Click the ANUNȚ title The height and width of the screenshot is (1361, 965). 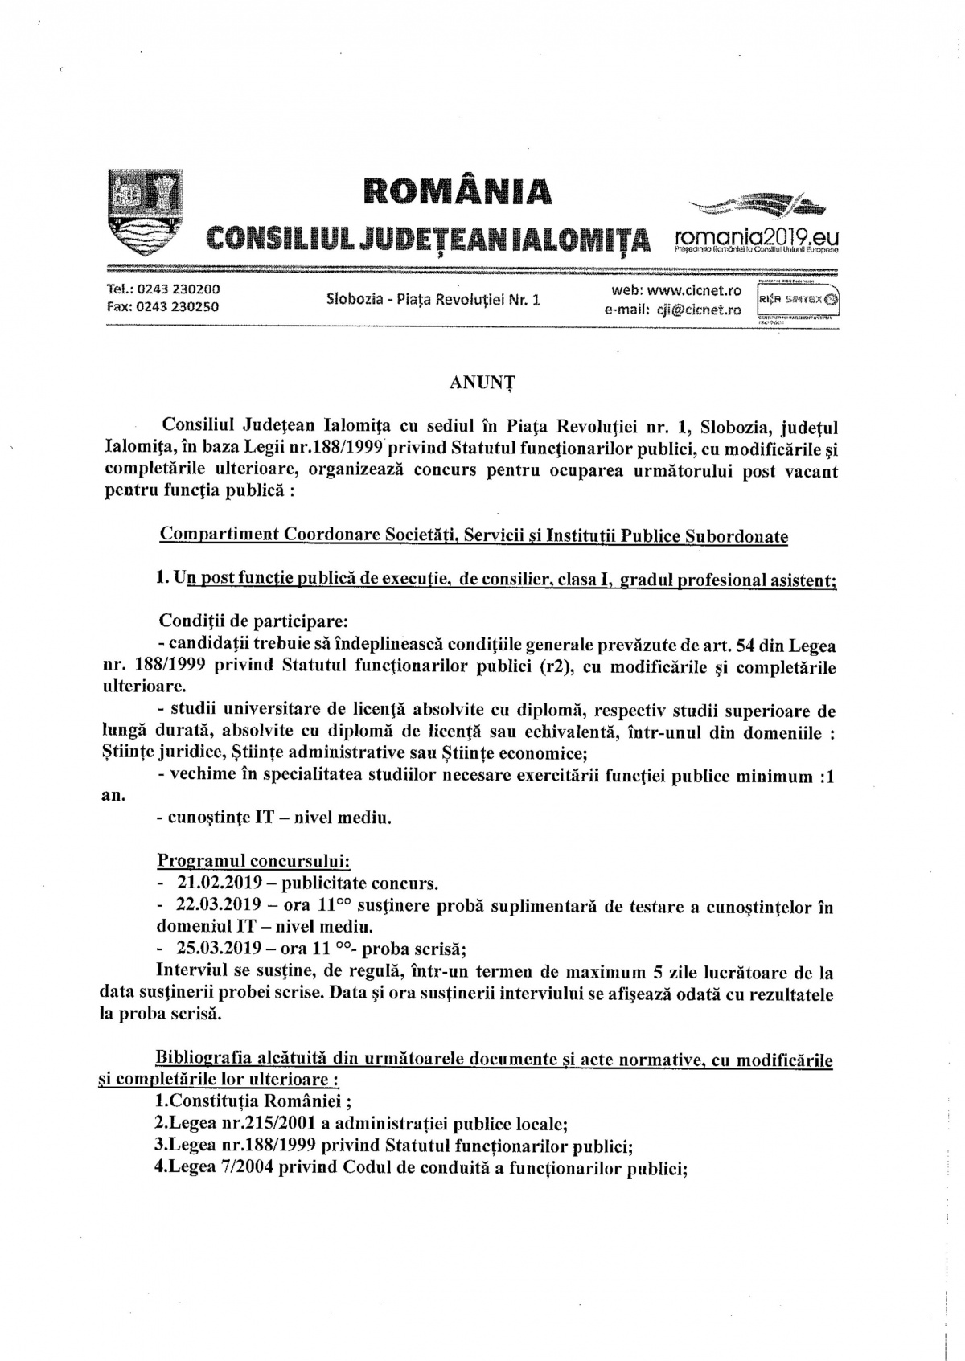pos(482,383)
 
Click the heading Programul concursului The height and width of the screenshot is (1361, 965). pos(253,861)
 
